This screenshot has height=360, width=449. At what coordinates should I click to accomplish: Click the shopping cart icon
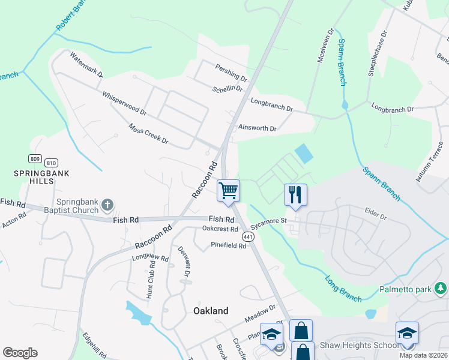point(228,191)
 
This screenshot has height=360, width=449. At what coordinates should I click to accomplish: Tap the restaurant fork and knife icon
point(295,194)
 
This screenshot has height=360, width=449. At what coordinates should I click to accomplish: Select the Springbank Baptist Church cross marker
point(107,206)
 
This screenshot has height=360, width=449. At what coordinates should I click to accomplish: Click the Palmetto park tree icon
point(441,290)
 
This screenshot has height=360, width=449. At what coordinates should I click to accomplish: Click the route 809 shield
point(34,159)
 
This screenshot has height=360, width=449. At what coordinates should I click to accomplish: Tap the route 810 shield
point(51,163)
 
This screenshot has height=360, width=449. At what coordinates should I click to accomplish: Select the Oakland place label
point(211,311)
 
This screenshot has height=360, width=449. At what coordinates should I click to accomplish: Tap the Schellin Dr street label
point(228,89)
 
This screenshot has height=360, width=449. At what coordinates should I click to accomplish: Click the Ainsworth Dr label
point(258,128)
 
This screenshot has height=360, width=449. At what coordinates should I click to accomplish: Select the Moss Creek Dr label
point(148,134)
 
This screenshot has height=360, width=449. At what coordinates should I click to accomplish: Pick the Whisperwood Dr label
point(124,103)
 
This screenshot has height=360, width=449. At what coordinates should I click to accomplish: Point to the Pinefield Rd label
point(229,245)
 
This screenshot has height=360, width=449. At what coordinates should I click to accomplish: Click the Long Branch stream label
point(343,289)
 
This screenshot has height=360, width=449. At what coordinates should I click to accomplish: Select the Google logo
point(20,353)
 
